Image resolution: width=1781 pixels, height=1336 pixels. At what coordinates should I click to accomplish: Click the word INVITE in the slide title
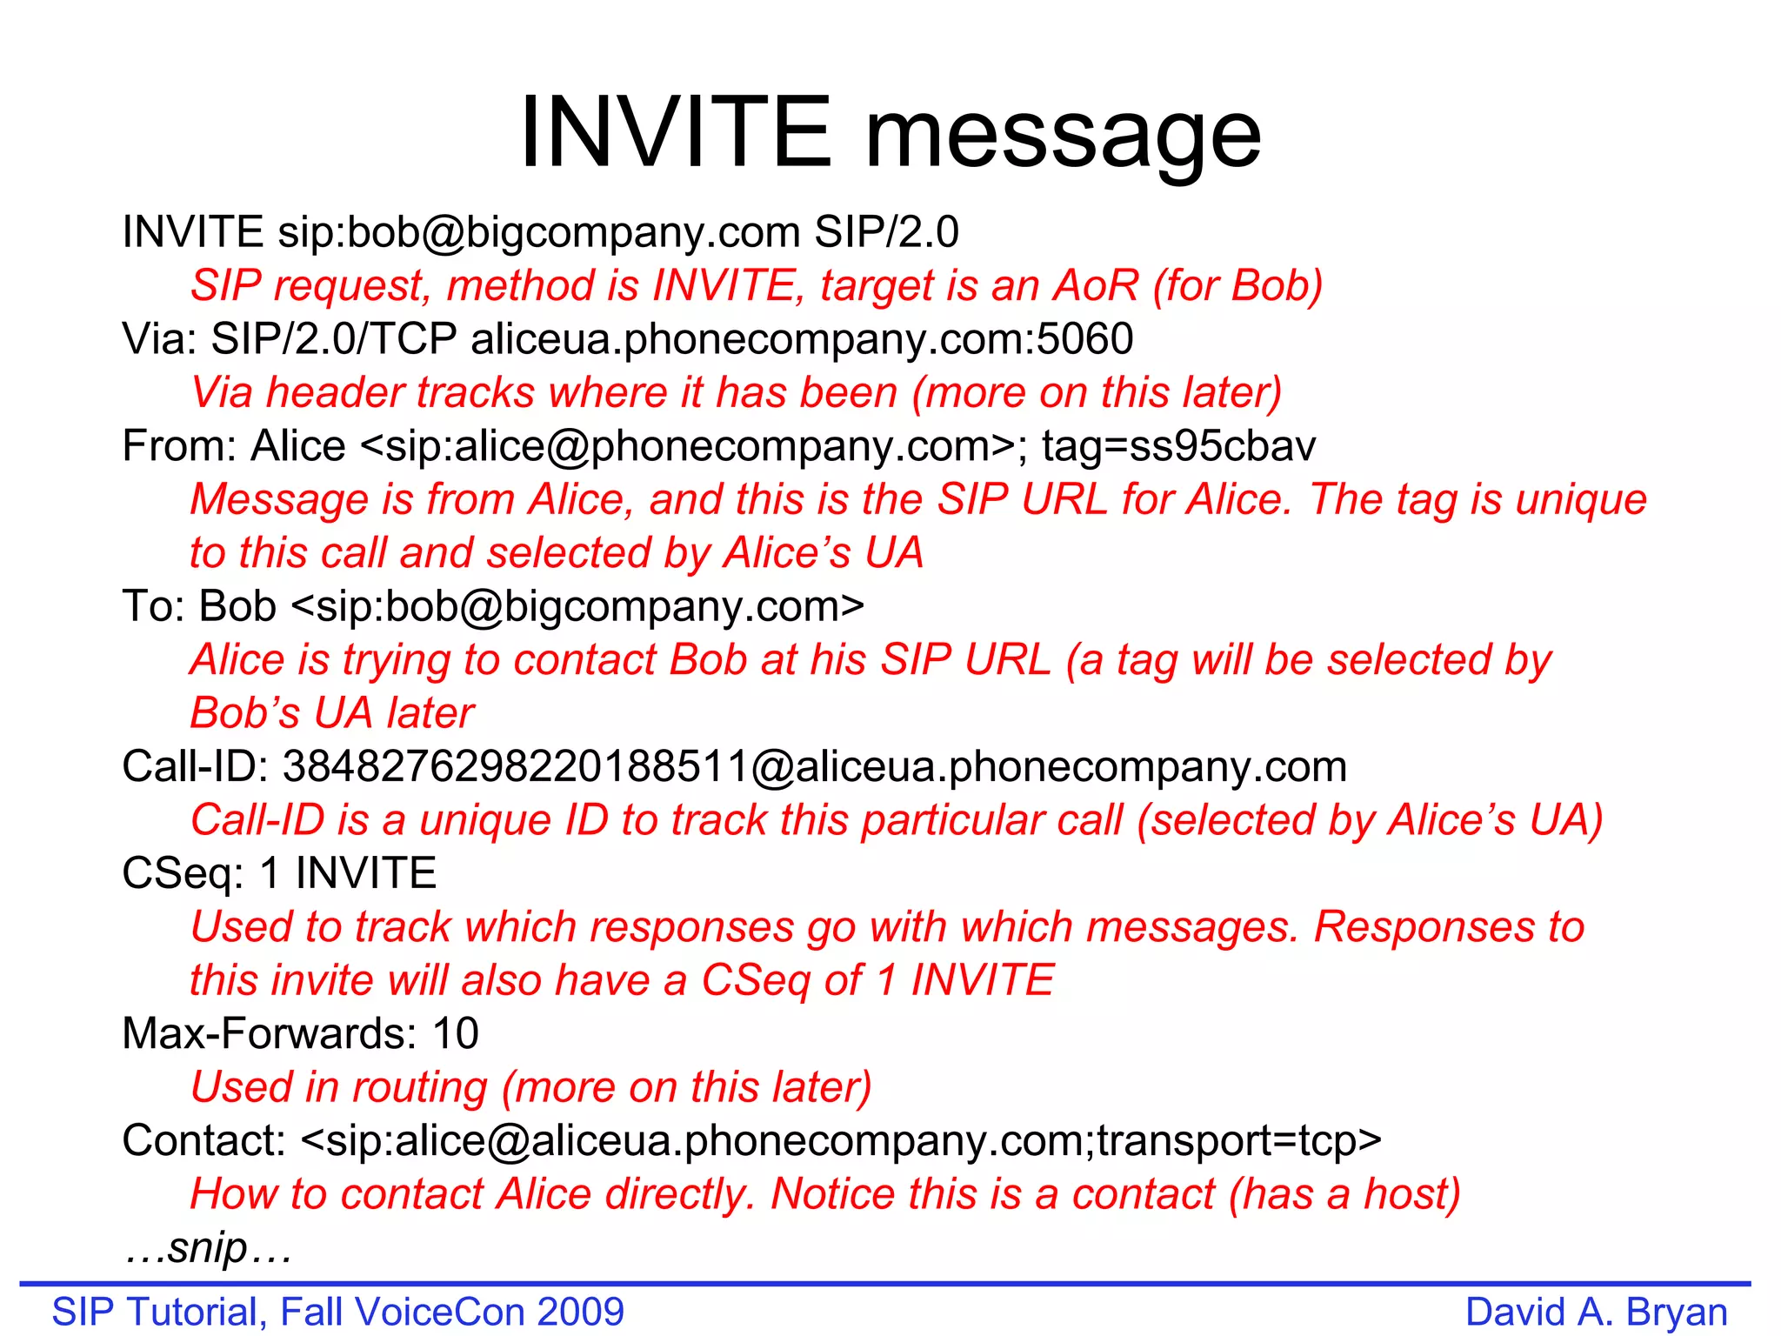click(676, 133)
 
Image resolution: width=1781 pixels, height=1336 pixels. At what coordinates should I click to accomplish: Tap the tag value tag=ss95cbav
click(1178, 446)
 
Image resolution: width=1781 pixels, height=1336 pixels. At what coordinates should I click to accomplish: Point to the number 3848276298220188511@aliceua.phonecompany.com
click(814, 767)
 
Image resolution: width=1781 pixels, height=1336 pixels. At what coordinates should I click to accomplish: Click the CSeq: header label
click(183, 873)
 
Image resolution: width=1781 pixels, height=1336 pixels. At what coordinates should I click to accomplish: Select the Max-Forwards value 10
click(456, 1034)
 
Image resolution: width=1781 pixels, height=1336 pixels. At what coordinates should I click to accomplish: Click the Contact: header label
click(204, 1141)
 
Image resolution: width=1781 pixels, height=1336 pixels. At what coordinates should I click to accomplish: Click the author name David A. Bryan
click(1596, 1312)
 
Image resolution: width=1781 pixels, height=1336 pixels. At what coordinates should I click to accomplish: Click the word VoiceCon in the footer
click(440, 1312)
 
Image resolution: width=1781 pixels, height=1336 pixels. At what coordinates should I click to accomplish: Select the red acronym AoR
click(1096, 285)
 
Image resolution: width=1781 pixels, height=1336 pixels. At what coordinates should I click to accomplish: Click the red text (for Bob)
click(1237, 286)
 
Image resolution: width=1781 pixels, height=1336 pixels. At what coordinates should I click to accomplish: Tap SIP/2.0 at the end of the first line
click(886, 232)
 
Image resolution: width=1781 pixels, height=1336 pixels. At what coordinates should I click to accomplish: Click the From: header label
click(179, 446)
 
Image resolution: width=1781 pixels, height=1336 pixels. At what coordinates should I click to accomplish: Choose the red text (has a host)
click(1344, 1194)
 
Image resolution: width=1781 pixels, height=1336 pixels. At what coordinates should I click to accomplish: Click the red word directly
click(680, 1194)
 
